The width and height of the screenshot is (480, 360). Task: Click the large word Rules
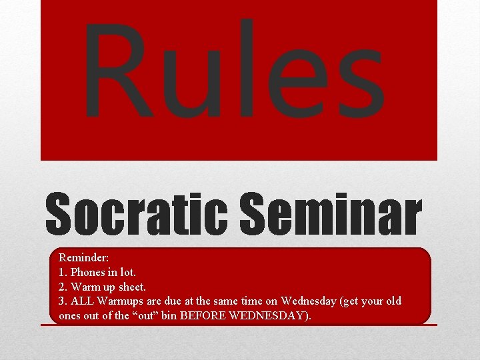click(233, 70)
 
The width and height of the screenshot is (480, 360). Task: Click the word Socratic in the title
click(137, 215)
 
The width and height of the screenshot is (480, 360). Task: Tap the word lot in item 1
click(128, 271)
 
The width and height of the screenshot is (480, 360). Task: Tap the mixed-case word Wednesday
click(309, 301)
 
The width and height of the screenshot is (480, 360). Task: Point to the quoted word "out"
click(142, 315)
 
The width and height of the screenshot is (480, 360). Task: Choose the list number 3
click(62, 301)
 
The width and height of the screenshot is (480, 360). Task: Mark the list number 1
click(62, 271)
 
